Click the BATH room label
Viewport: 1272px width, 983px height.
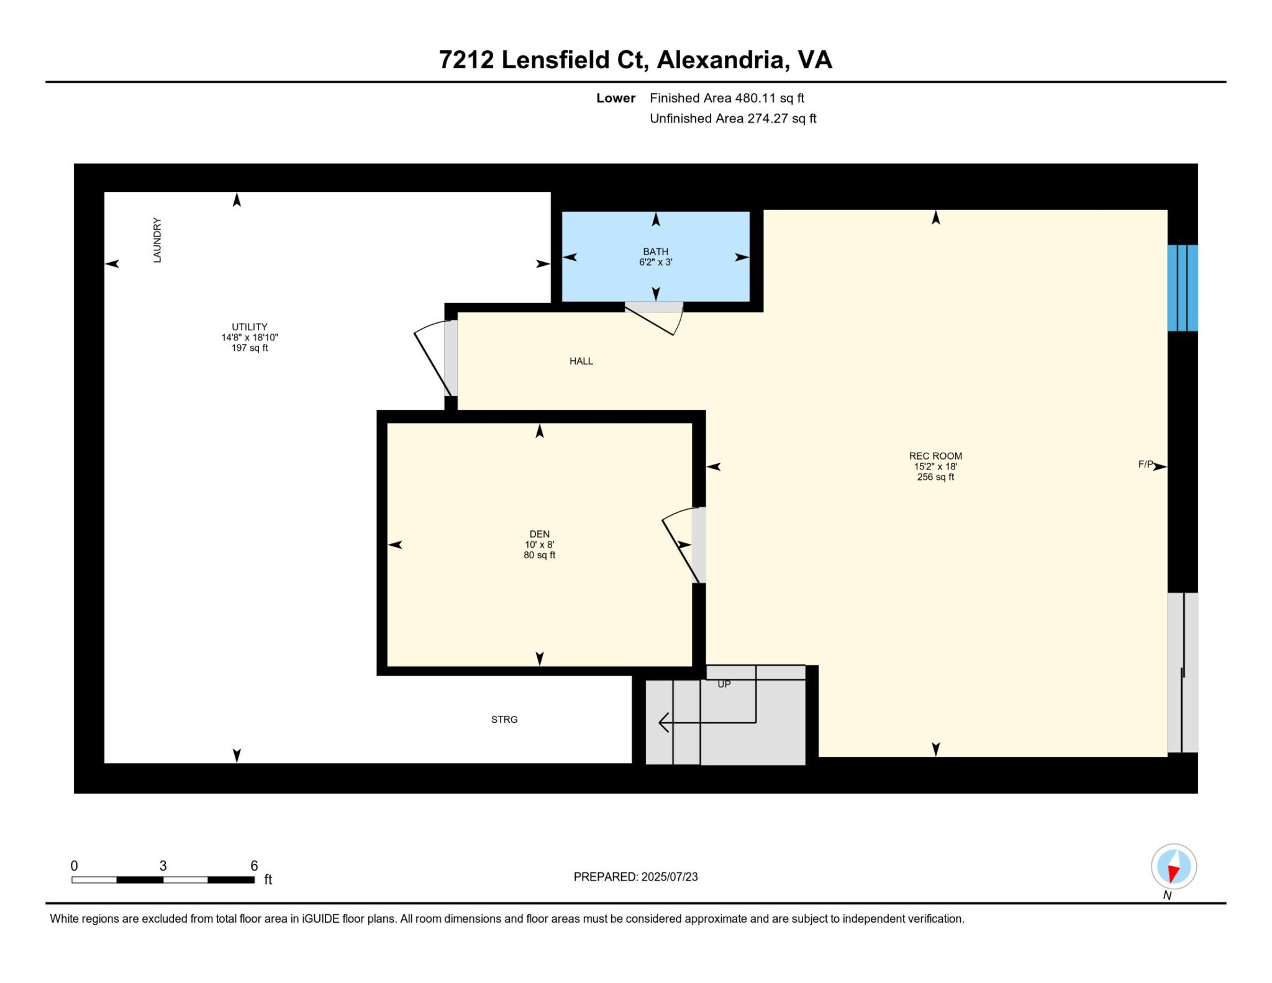click(x=655, y=251)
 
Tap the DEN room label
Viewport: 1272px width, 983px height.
click(x=539, y=534)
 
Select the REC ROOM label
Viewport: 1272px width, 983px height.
click(x=935, y=456)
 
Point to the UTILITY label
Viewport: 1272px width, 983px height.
click(x=250, y=327)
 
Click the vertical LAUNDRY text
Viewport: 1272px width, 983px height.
click(x=157, y=240)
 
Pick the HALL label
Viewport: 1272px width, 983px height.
click(x=581, y=361)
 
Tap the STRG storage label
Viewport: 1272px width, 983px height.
click(x=504, y=719)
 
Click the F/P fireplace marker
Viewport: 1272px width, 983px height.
click(x=1146, y=464)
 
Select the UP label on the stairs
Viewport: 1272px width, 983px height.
click(x=724, y=684)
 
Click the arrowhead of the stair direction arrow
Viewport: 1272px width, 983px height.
click(x=663, y=722)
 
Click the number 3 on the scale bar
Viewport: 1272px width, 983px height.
click(x=163, y=866)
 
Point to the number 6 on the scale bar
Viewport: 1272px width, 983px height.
click(x=254, y=866)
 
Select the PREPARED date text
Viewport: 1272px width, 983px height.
click(x=635, y=877)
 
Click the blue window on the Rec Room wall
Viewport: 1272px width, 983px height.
click(x=1183, y=288)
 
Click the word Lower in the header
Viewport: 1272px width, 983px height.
click(x=616, y=98)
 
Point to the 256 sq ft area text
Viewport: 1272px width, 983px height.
click(x=935, y=477)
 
